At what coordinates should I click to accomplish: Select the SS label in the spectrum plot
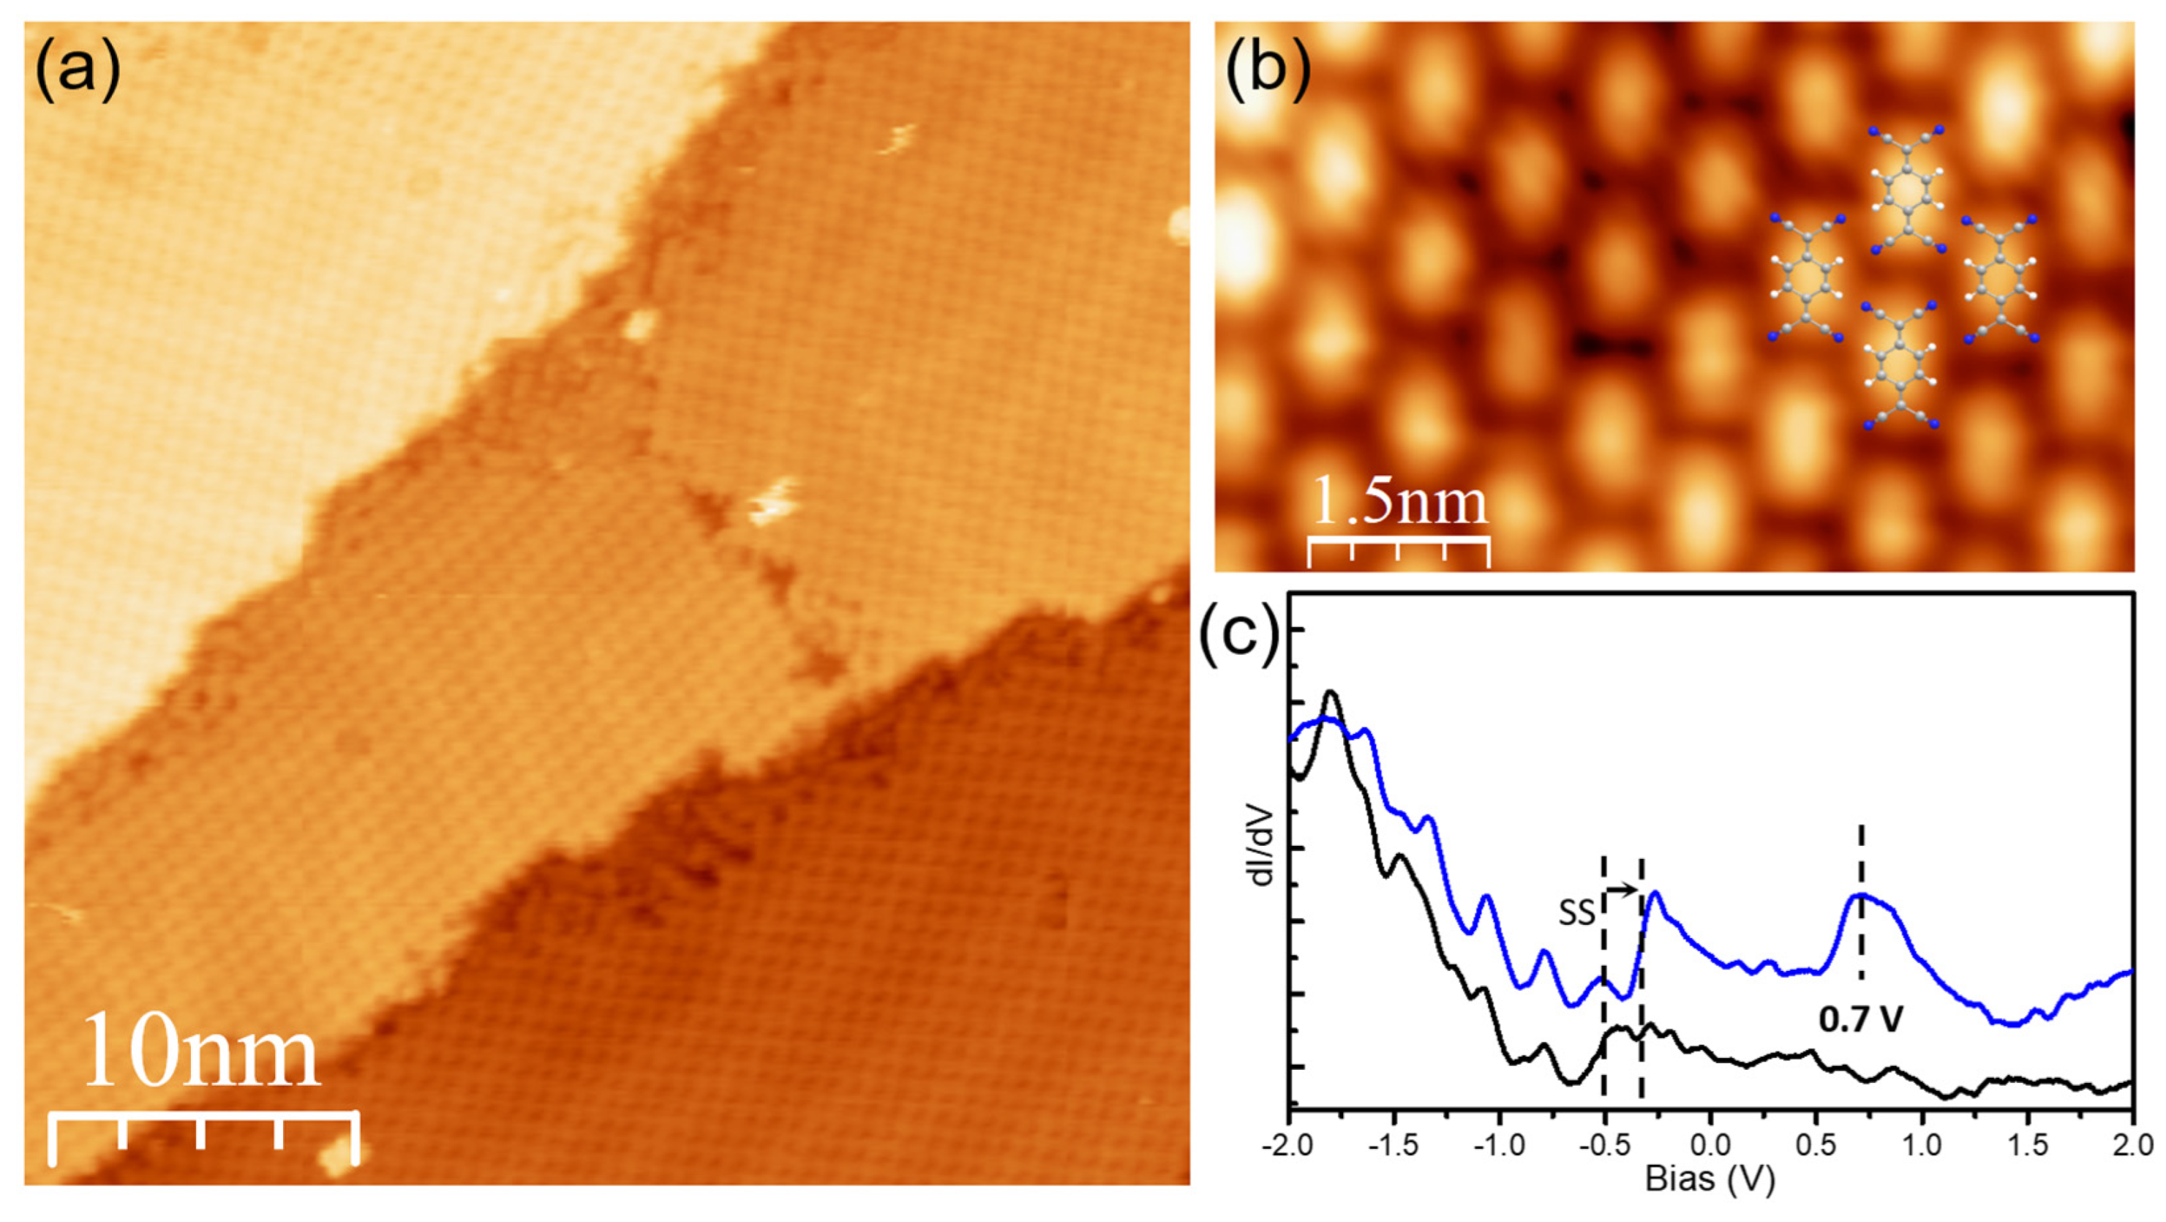(x=1577, y=913)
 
